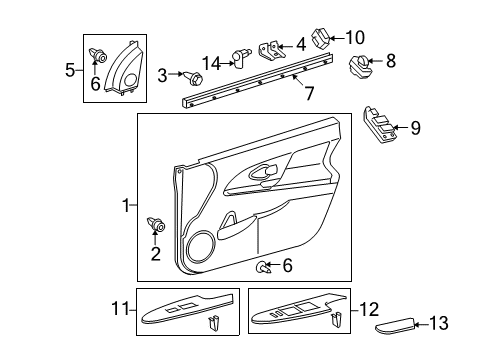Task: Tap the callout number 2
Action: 155,254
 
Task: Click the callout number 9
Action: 416,127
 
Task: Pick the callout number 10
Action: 355,38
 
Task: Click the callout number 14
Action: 212,61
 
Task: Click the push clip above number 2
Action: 155,225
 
